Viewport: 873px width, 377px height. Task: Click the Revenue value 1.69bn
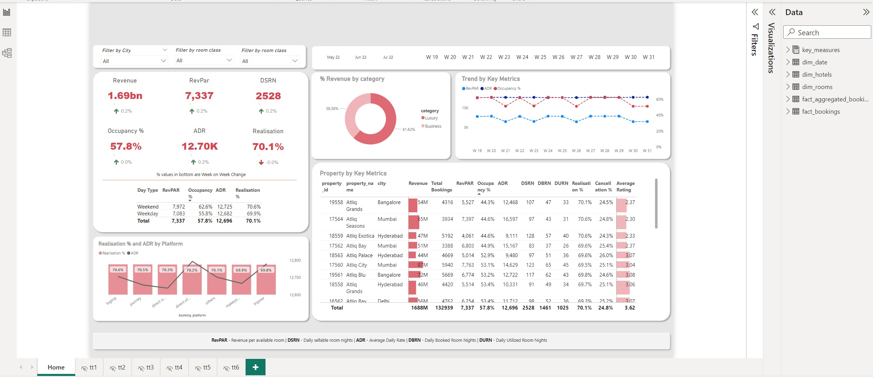125,96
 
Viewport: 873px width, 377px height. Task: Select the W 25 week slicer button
540,57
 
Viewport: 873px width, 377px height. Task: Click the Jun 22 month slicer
360,57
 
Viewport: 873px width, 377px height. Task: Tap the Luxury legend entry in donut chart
431,118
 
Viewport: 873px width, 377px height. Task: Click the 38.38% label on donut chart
332,109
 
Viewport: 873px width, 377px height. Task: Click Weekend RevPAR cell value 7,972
179,207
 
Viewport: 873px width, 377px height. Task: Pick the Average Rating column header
625,187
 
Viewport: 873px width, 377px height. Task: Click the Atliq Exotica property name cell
360,236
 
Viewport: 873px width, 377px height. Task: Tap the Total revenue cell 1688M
419,308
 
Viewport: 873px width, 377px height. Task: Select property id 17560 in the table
336,265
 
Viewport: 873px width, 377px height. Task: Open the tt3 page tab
146,367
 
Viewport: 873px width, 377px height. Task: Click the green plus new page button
255,367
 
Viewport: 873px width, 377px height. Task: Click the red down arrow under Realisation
261,162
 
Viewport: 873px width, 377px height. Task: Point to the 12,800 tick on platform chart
295,260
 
